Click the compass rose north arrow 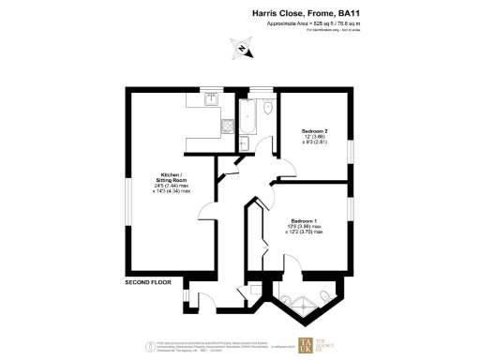coord(241,48)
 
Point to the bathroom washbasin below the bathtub coord(243,142)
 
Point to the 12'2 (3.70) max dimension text coord(311,231)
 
